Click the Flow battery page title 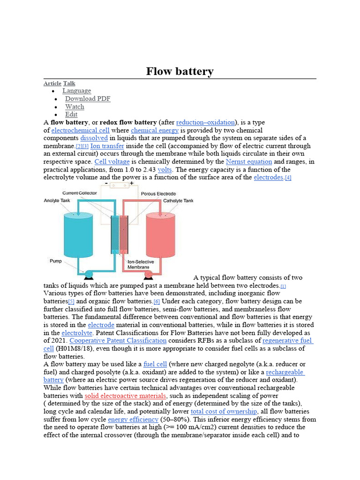[180, 71]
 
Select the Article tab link [52, 83]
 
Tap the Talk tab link [69, 83]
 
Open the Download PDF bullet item [88, 98]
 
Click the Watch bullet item [75, 106]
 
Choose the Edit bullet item [71, 114]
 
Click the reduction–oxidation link [205, 122]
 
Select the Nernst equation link [248, 162]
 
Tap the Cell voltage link [112, 162]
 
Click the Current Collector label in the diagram [80, 193]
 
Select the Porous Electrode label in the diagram [158, 194]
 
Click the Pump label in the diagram [56, 260]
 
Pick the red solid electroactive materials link [126, 396]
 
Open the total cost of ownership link [224, 412]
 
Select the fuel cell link [155, 364]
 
